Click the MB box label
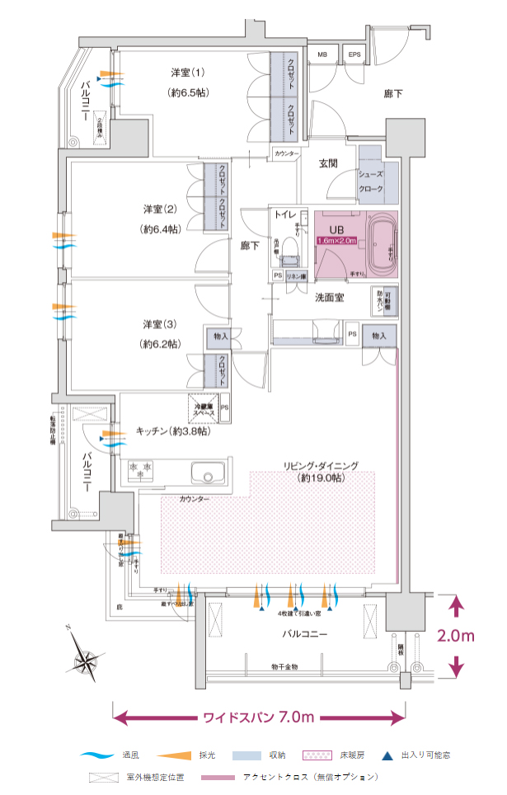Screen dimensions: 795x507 coord(322,55)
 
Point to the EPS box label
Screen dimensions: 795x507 coord(354,55)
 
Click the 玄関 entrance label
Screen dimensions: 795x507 coord(329,163)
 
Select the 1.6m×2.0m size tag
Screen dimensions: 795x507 coord(336,240)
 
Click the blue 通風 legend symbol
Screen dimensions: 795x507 coord(98,755)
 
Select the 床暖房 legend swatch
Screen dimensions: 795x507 coord(316,755)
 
